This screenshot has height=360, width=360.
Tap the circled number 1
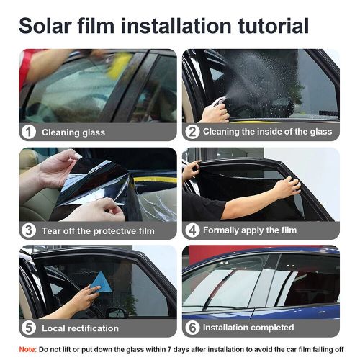click(x=29, y=132)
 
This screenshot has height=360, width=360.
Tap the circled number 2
click(x=192, y=132)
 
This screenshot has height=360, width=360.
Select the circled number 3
click(x=29, y=230)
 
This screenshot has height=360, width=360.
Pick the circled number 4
click(x=192, y=230)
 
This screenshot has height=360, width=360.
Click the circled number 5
click(x=29, y=328)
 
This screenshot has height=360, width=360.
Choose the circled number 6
click(x=192, y=328)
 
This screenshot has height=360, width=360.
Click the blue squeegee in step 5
click(x=104, y=283)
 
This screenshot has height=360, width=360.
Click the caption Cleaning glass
click(x=73, y=132)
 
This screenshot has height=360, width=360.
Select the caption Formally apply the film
click(x=249, y=230)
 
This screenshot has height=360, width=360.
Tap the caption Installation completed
click(x=249, y=328)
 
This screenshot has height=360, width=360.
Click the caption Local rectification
click(x=80, y=328)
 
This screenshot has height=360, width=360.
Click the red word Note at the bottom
click(x=27, y=349)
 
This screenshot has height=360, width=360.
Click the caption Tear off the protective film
click(x=98, y=230)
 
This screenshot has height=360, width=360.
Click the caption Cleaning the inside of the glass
click(x=267, y=132)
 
